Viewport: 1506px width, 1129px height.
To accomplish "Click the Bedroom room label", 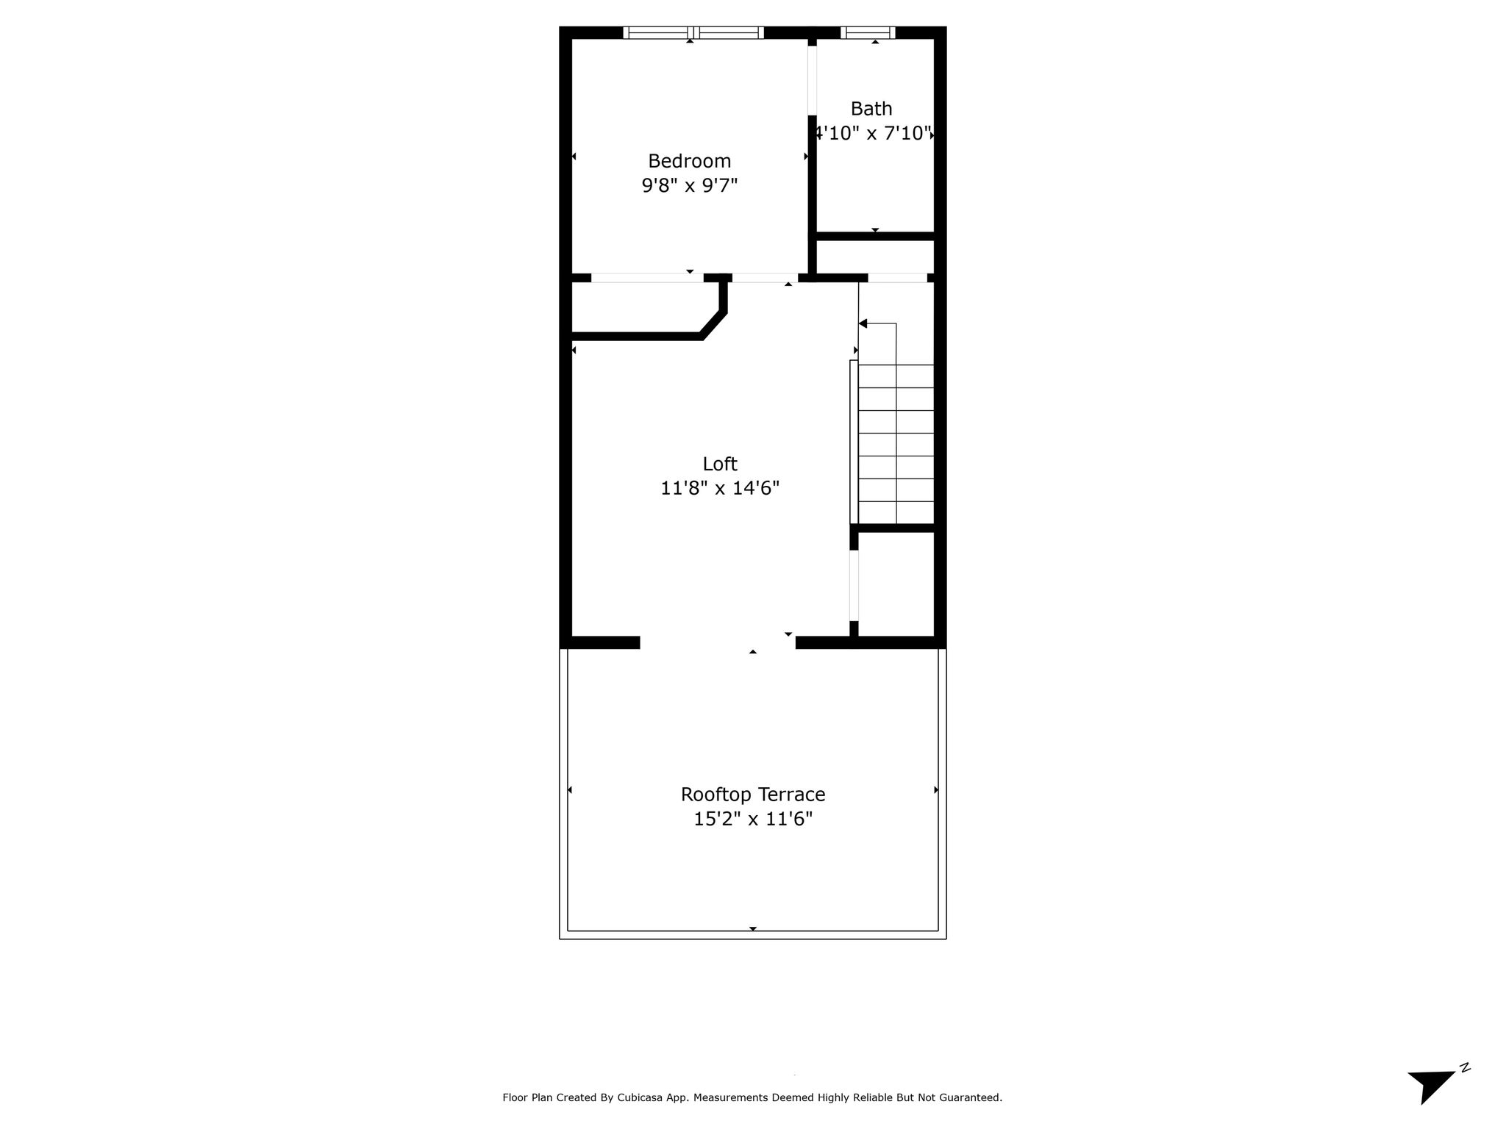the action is [x=689, y=161].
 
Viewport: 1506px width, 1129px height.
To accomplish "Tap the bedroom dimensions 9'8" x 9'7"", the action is [x=689, y=185].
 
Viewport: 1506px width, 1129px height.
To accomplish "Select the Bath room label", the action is [x=871, y=109].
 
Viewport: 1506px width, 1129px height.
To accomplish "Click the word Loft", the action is [x=720, y=464].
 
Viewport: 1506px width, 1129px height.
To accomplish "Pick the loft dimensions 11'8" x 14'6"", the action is [x=720, y=488].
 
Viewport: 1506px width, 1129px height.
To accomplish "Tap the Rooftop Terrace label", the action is [x=753, y=795].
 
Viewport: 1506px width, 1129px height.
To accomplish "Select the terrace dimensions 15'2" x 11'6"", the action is [x=753, y=819].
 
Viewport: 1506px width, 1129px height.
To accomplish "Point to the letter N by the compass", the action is [x=1465, y=1089].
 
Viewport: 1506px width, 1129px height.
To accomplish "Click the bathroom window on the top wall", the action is [x=868, y=32].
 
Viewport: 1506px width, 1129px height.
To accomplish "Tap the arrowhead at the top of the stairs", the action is [x=863, y=323].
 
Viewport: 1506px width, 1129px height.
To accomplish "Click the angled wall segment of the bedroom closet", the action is [x=713, y=325].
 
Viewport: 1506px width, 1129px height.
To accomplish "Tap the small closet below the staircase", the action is [x=896, y=584].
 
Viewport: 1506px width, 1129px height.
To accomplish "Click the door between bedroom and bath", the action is [x=813, y=80].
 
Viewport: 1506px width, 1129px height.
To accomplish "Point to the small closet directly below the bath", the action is [x=875, y=257].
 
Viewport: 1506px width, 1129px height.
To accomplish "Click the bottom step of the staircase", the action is [x=896, y=512].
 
